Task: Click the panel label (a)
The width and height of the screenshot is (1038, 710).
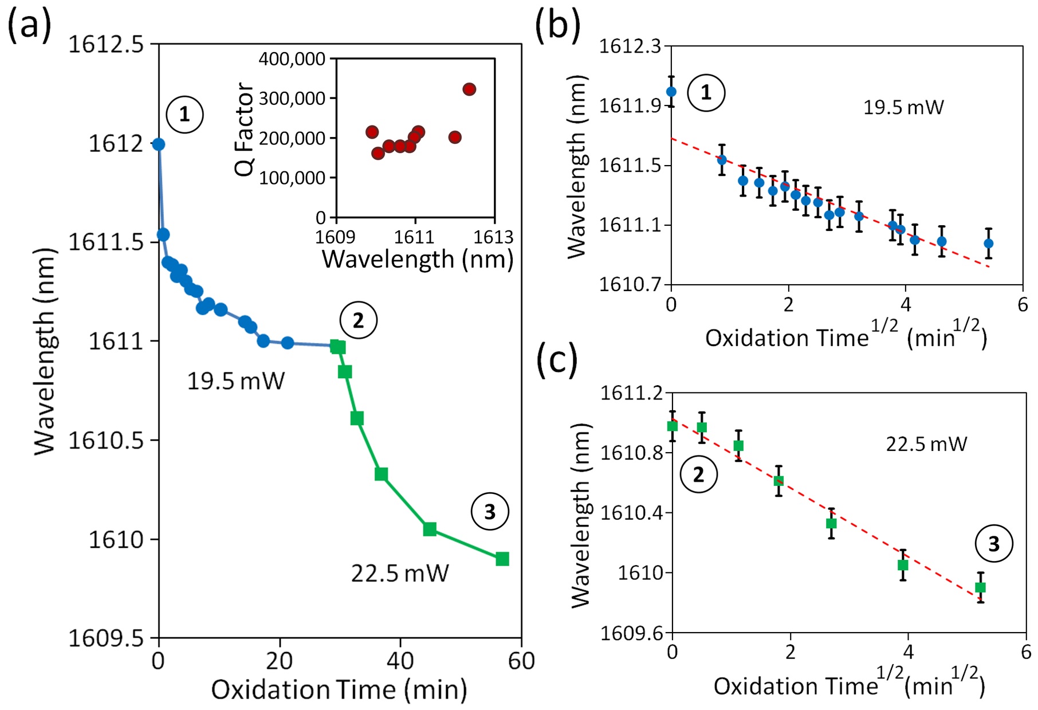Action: coord(30,26)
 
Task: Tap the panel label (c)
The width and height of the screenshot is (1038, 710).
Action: coord(557,362)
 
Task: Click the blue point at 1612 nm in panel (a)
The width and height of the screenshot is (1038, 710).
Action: coord(159,144)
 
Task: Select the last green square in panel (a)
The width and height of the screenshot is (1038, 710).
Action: coord(502,559)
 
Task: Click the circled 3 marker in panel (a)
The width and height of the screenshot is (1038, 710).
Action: coord(490,512)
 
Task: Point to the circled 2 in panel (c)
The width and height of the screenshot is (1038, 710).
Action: coord(698,474)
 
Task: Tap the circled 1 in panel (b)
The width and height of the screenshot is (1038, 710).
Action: coord(706,93)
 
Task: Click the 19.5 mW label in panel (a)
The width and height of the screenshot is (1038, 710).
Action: coord(235,381)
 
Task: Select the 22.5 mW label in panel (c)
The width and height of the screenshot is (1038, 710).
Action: coord(926,444)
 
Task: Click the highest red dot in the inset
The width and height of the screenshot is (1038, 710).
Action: coord(469,89)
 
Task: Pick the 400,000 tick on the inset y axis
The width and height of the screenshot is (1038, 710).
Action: coord(292,59)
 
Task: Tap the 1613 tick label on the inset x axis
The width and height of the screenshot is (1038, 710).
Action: coord(494,237)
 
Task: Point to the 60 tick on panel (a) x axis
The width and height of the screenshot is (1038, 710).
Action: coord(521,661)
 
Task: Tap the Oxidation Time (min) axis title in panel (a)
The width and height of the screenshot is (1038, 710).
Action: coord(339,689)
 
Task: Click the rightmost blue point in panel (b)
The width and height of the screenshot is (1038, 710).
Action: coord(988,244)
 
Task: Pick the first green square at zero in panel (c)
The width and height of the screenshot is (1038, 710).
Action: coord(673,426)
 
